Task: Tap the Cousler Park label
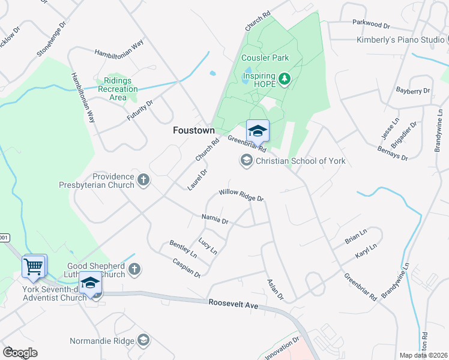(265, 58)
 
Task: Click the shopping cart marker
(34, 266)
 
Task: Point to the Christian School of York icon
(246, 161)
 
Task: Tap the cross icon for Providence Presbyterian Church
(143, 180)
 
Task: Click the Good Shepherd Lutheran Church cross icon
(134, 269)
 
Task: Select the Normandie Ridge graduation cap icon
(143, 341)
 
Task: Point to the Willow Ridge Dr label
(241, 194)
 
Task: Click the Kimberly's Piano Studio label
(400, 40)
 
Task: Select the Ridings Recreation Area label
(118, 89)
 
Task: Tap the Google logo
(19, 353)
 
